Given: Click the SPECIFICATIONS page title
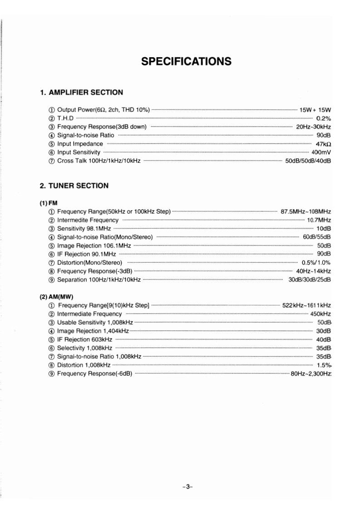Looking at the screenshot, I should tap(186, 61).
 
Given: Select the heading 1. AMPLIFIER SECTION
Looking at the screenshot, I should tap(81, 93).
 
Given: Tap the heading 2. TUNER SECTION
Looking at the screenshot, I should tap(74, 186).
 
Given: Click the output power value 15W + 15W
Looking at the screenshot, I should tap(316, 109).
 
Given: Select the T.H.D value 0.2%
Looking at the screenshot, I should tap(323, 118).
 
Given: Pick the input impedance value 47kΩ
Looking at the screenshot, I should tap(323, 144).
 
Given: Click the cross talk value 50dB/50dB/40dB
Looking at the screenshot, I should tap(308, 161).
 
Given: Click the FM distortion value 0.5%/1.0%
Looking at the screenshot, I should tap(316, 263).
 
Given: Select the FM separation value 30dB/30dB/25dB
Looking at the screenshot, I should tap(310, 279).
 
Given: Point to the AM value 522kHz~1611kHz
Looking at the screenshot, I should tap(306, 305).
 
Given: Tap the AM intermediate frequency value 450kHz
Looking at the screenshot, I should tap(321, 314).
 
